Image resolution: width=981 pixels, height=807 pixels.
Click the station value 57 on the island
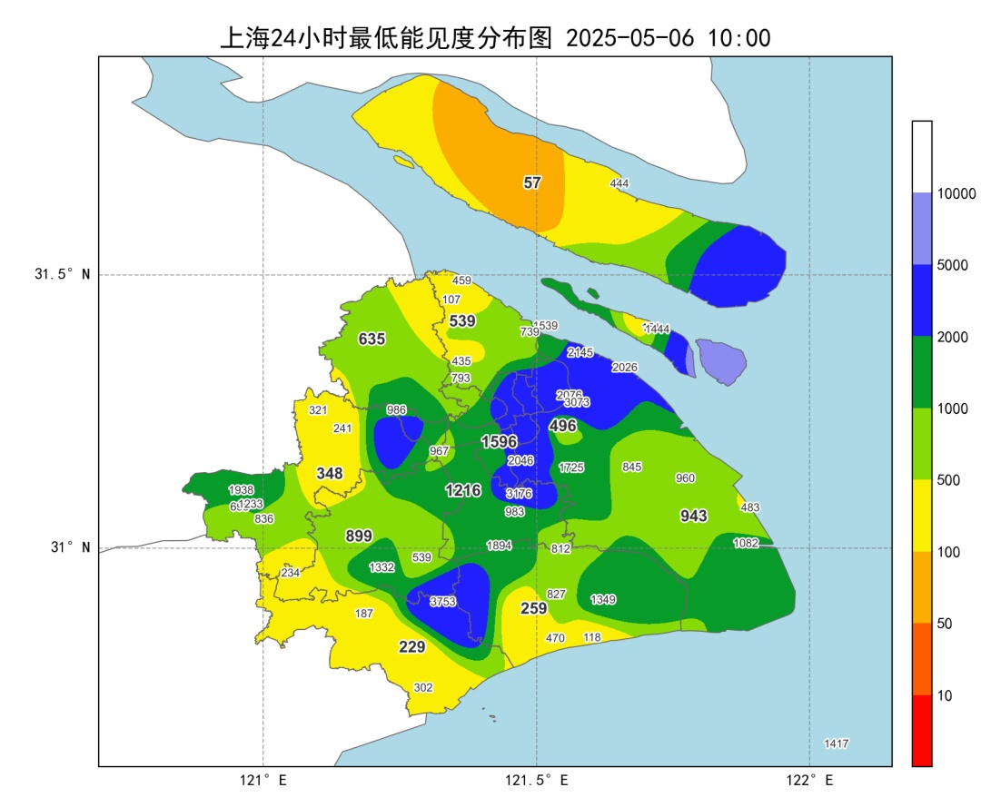coord(532,182)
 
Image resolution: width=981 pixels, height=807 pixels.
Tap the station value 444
coord(619,183)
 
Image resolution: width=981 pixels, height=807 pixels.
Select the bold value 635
coord(372,340)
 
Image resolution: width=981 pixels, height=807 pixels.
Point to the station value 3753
coord(442,601)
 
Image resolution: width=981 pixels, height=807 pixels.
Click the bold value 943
coord(694,517)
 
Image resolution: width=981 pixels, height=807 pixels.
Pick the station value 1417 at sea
coord(836,743)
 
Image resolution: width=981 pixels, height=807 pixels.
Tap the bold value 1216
coord(463,491)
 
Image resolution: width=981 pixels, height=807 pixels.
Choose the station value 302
coord(423,687)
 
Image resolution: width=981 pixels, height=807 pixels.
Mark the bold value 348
coord(330,474)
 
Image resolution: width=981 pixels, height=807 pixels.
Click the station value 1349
coord(603,599)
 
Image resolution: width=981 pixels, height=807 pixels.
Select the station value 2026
coord(624,368)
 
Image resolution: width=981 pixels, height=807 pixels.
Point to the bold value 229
coord(412,647)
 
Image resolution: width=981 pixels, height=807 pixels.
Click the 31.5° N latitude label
coord(63,275)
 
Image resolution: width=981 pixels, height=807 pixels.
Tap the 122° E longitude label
coord(810,781)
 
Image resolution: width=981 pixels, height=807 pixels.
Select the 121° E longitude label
coord(263,781)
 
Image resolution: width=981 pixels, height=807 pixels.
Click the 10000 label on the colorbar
coord(956,194)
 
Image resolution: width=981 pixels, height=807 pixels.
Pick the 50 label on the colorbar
coord(945,624)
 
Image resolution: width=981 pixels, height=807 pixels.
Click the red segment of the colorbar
coord(922,731)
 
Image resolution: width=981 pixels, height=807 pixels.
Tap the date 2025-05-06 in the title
coord(629,39)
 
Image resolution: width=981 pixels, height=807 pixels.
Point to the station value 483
coord(750,507)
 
